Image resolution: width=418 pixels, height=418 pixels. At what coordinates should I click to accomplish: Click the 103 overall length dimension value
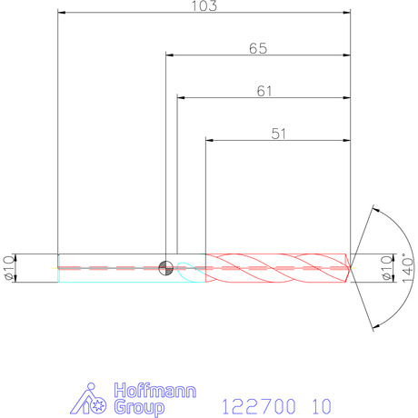tap(204, 5)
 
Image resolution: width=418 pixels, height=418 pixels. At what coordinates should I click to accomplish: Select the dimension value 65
tap(258, 48)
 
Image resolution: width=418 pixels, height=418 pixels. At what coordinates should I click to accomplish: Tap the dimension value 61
tap(264, 91)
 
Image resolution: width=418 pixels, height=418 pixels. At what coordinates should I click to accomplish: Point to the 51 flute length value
tap(278, 134)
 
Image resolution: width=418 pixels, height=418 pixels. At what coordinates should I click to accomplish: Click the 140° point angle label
tap(407, 268)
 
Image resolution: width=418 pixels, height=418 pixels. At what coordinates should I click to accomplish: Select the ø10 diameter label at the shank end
tap(9, 268)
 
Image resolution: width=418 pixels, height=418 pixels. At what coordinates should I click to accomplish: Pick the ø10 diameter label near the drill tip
tap(387, 268)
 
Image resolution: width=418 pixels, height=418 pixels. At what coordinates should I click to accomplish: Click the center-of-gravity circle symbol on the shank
tap(165, 268)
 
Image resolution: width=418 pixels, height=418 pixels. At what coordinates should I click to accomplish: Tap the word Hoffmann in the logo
tap(155, 390)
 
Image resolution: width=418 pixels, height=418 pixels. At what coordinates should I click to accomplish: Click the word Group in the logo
tap(139, 407)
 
